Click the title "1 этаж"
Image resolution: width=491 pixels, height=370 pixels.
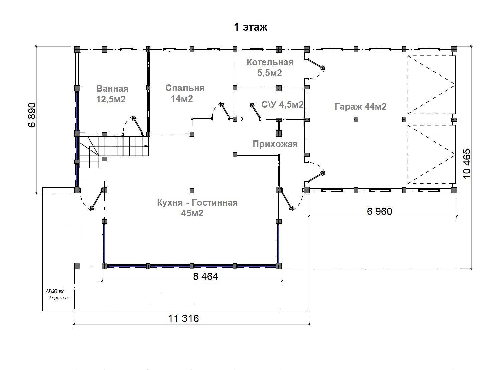point(251,27)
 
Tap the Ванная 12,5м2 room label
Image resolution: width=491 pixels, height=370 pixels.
point(112,94)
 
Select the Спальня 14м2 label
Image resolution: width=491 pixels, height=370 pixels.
point(185,93)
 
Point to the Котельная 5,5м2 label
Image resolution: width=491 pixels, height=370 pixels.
point(270,67)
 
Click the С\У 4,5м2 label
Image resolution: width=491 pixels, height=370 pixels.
point(282,104)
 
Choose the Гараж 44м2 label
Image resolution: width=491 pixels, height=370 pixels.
point(360,106)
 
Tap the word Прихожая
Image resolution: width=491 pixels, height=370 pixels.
point(275,144)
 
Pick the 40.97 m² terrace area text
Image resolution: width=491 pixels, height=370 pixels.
point(55,291)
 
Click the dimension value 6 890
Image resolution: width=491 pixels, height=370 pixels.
point(32,115)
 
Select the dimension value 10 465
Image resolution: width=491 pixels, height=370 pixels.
point(467,163)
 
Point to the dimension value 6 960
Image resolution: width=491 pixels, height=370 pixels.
point(379,211)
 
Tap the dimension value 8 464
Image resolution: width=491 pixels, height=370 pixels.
point(205,276)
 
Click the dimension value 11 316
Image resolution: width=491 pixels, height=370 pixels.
point(183,318)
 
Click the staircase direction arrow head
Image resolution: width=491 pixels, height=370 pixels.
point(146,146)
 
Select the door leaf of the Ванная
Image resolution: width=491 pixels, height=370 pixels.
point(138,125)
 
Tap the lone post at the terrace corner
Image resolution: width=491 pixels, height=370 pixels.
point(77,266)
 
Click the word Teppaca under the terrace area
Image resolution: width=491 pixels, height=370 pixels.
point(58,298)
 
